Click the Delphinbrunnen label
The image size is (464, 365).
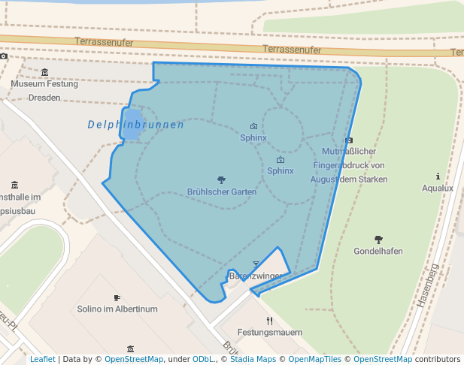pyautogui.click(x=135, y=125)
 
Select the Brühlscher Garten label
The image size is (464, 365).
pyautogui.click(x=222, y=192)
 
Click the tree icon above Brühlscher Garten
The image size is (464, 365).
pyautogui.click(x=221, y=180)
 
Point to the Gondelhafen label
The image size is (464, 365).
pyautogui.click(x=378, y=251)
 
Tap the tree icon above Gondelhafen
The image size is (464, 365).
pyautogui.click(x=378, y=239)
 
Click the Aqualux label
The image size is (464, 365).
pyautogui.click(x=438, y=188)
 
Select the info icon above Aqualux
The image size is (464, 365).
pyautogui.click(x=438, y=176)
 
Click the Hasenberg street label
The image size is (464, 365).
pyautogui.click(x=428, y=286)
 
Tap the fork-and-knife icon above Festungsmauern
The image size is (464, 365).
pyautogui.click(x=259, y=321)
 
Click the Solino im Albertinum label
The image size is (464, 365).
pyautogui.click(x=117, y=309)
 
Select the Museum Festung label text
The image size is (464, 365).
pyautogui.click(x=44, y=84)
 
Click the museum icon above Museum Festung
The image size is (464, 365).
pyautogui.click(x=44, y=72)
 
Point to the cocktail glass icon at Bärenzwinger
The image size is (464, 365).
pyautogui.click(x=256, y=264)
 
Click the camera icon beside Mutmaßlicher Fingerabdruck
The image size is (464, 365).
pyautogui.click(x=349, y=140)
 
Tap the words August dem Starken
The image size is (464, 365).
pyautogui.click(x=349, y=179)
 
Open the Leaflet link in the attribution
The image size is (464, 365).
pyautogui.click(x=42, y=359)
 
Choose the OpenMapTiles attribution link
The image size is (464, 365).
pyautogui.click(x=315, y=359)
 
